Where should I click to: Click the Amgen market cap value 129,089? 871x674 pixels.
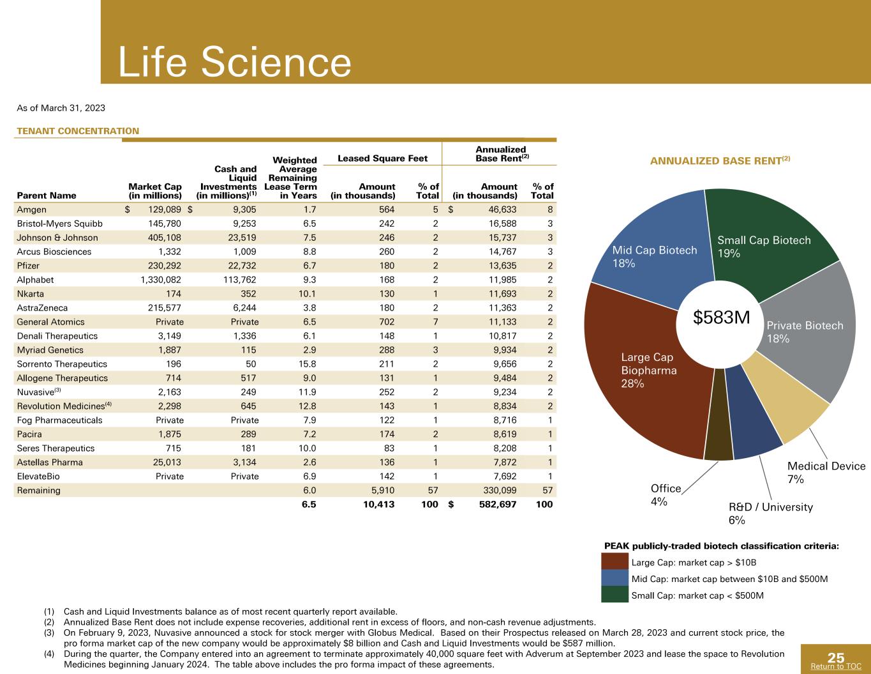[165, 210]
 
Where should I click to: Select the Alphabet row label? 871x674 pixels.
[35, 280]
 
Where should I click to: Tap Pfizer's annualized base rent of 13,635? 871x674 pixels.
[502, 266]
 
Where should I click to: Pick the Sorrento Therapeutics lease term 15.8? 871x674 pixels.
[307, 364]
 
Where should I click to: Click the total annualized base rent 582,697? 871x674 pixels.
[498, 504]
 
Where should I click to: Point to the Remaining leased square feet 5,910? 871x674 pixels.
[383, 490]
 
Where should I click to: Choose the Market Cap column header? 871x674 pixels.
[154, 191]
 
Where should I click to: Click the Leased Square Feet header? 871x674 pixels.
[382, 158]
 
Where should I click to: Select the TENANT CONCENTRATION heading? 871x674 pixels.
[78, 131]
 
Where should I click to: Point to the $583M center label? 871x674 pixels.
[721, 318]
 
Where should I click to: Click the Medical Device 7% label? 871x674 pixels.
[826, 472]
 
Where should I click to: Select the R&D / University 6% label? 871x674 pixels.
[770, 514]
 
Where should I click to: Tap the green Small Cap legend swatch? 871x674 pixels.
[614, 594]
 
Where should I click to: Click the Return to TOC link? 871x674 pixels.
[836, 666]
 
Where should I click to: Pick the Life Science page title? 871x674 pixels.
[234, 61]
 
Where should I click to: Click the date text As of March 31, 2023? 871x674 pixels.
[61, 108]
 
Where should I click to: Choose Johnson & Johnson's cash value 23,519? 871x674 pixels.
[242, 238]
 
